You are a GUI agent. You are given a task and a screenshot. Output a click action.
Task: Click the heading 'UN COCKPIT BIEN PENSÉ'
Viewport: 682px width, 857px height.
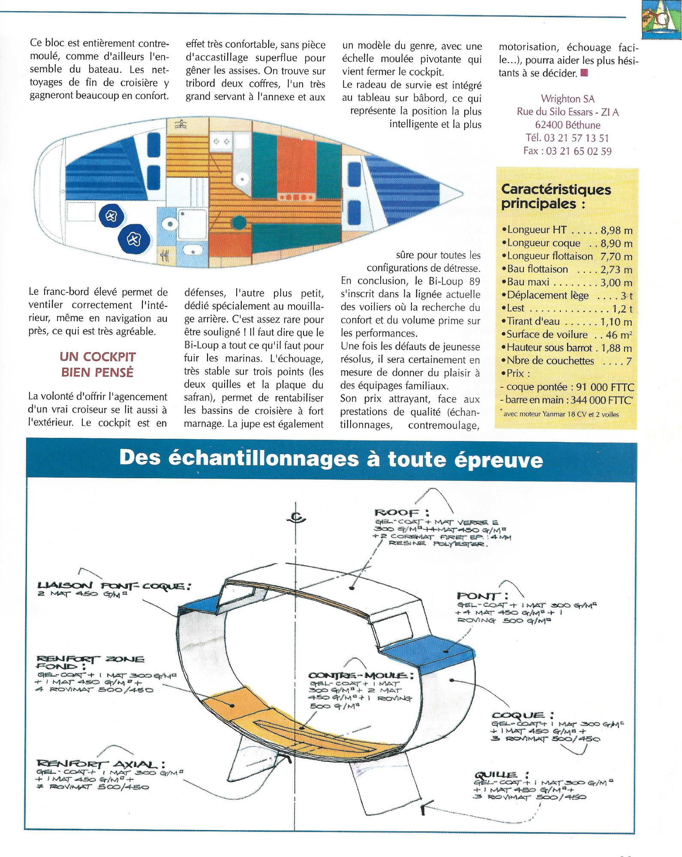coord(97,364)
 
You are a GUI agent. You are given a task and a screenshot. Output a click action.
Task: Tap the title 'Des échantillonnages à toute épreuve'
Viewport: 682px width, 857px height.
coord(331,458)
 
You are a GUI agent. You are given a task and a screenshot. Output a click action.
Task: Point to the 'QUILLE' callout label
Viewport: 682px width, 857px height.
coord(501,775)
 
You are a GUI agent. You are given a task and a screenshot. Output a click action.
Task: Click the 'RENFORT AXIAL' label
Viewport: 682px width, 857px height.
coord(101,764)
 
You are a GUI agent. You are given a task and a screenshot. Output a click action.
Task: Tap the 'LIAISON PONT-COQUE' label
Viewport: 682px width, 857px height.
coord(114,586)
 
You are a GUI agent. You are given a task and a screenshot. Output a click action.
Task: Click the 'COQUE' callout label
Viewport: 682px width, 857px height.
coord(522,715)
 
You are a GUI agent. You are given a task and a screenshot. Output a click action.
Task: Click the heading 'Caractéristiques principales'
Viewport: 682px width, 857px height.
coord(556,196)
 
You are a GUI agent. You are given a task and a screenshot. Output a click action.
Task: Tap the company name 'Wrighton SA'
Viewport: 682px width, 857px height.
coord(567,99)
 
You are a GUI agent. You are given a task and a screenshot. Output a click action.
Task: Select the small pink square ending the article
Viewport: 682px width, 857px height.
coord(584,73)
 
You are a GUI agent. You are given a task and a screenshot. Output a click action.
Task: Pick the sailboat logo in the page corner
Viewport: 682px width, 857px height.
coord(661,19)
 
